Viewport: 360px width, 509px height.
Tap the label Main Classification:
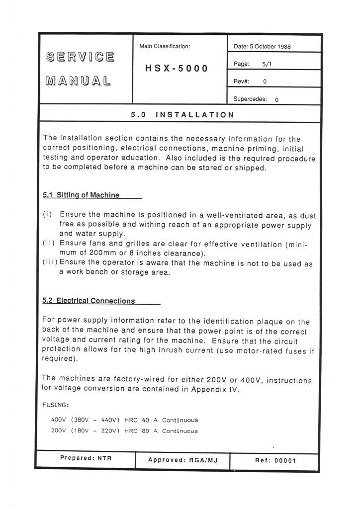pos(166,46)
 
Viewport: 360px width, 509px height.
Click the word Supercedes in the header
pos(250,98)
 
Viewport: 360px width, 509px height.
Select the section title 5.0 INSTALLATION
pos(181,115)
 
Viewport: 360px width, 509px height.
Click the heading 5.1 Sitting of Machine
pos(81,195)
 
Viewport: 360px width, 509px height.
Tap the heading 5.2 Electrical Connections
pos(89,301)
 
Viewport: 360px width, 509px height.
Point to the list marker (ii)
pos(49,244)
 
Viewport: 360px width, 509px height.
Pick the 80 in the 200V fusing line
pos(146,430)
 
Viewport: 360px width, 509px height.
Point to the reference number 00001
pos(285,460)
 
